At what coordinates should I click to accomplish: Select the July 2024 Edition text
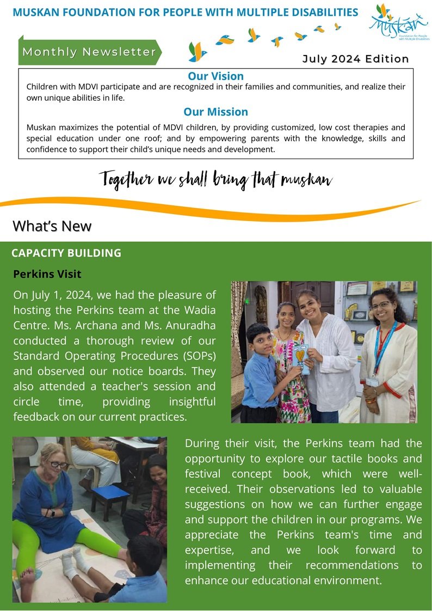tap(355, 59)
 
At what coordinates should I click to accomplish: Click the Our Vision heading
tap(215, 76)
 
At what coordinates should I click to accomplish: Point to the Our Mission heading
tap(215, 112)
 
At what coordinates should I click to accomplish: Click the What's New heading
tap(52, 225)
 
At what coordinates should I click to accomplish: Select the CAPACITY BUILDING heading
tap(66, 253)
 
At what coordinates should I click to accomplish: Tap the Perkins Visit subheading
tap(47, 273)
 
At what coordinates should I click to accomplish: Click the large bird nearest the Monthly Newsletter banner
tap(198, 51)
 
